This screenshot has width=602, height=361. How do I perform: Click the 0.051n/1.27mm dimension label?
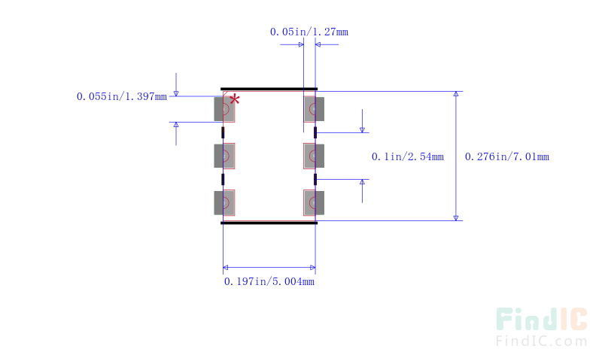tap(309, 32)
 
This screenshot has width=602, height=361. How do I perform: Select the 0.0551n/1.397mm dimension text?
tap(121, 96)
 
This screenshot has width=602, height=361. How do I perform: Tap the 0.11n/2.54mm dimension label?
tap(407, 157)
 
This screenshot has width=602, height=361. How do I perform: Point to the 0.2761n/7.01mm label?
tap(506, 157)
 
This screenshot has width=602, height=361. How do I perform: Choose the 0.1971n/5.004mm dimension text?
tap(269, 282)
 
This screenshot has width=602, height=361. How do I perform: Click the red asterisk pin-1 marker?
tap(235, 99)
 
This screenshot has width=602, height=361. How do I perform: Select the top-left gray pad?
tap(224, 109)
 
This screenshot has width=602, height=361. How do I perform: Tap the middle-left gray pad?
tap(224, 156)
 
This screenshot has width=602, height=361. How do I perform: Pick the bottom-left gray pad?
tap(224, 203)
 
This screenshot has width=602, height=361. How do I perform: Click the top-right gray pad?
tap(314, 109)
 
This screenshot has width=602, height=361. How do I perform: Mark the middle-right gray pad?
tap(314, 156)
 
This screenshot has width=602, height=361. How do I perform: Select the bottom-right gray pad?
tap(314, 203)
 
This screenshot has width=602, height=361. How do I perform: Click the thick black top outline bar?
tap(269, 89)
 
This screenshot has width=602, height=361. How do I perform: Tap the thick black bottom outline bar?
tap(269, 223)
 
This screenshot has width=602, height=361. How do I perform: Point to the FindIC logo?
tap(541, 320)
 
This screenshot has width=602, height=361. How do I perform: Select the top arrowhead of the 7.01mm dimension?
tap(456, 95)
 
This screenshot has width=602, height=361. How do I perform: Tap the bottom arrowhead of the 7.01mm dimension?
tap(456, 217)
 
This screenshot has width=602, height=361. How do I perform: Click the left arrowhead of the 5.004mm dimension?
tap(227, 267)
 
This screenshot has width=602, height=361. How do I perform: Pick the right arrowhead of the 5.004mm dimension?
tap(312, 267)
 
